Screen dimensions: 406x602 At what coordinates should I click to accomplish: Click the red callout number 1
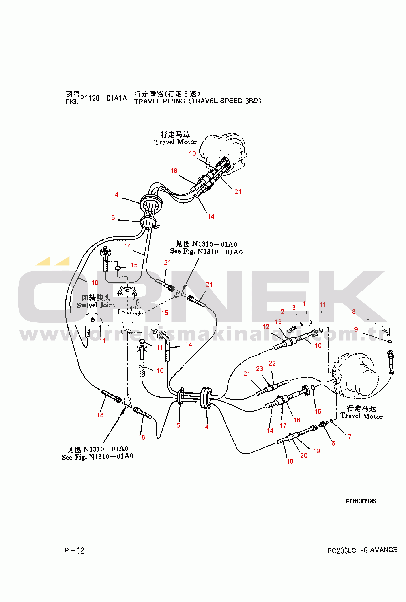(x=304, y=304)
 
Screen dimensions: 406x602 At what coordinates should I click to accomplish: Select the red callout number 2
(x=282, y=312)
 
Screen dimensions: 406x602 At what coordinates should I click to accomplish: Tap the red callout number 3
(x=294, y=307)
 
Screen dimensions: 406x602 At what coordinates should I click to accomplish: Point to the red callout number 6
(x=333, y=443)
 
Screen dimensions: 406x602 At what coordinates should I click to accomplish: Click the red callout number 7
(x=350, y=436)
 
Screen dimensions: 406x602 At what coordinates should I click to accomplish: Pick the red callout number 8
(x=354, y=312)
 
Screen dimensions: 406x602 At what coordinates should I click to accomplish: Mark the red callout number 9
(x=356, y=329)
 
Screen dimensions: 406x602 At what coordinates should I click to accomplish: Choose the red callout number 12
(x=266, y=327)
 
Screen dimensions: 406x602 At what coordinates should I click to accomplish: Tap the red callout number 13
(x=278, y=322)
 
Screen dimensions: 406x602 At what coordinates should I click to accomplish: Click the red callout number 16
(x=297, y=420)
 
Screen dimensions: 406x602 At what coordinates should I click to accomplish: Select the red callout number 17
(x=283, y=425)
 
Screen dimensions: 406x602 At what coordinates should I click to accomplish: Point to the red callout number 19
(x=316, y=451)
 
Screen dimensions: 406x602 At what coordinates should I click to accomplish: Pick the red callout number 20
(x=304, y=455)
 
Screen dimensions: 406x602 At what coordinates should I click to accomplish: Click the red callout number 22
(x=272, y=363)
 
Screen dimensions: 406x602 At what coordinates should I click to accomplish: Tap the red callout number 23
(x=260, y=369)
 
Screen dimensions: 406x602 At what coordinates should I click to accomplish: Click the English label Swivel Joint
(x=96, y=305)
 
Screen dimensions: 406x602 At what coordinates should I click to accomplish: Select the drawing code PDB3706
(x=361, y=501)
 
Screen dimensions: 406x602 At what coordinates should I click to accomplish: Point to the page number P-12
(x=74, y=550)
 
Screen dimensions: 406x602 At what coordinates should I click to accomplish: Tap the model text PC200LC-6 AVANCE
(x=362, y=550)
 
